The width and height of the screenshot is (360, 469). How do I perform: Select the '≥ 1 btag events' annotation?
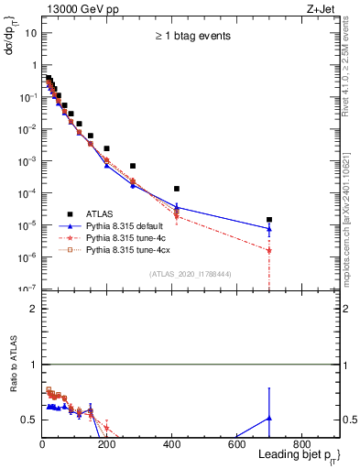[192, 36]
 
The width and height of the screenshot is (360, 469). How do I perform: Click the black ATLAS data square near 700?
[269, 220]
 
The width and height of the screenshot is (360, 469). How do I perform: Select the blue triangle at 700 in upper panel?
[269, 229]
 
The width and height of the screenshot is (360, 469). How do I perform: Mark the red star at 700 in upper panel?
[269, 250]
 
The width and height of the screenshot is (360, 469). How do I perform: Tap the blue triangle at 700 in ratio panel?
[269, 418]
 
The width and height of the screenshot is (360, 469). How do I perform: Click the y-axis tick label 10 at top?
[30, 33]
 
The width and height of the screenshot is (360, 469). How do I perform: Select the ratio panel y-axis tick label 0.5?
[28, 420]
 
